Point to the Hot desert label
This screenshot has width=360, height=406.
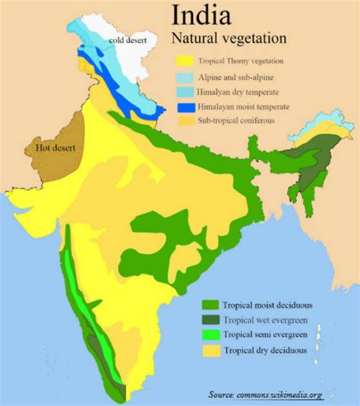(55, 147)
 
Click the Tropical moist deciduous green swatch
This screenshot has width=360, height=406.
(210, 305)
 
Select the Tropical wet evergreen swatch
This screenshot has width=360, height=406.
(210, 320)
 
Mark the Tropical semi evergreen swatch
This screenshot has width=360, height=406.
(210, 335)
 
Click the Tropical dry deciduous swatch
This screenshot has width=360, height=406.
(210, 350)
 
